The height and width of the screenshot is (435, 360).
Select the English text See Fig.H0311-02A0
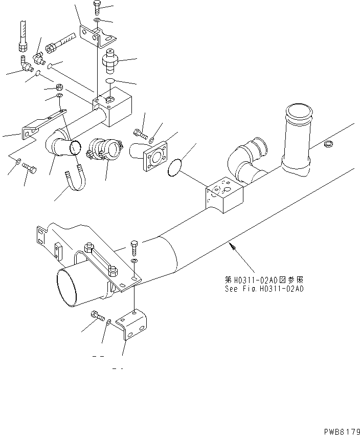pos(264,289)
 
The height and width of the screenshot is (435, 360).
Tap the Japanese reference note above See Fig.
pos(264,280)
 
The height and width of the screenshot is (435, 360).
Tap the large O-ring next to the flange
pos(175,166)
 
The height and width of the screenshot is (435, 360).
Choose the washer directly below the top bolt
pos(97,20)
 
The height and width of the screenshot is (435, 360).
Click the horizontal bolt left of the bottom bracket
pos(97,315)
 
